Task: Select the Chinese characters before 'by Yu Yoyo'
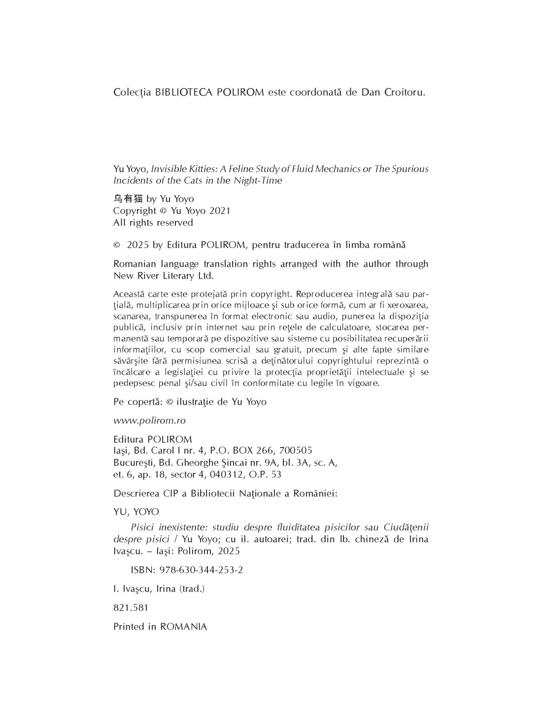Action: click(128, 199)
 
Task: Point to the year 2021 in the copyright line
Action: click(220, 210)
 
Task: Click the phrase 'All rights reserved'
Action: click(153, 222)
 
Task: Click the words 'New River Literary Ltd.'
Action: click(164, 276)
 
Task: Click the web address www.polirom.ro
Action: click(149, 421)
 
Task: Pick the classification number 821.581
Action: click(131, 608)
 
